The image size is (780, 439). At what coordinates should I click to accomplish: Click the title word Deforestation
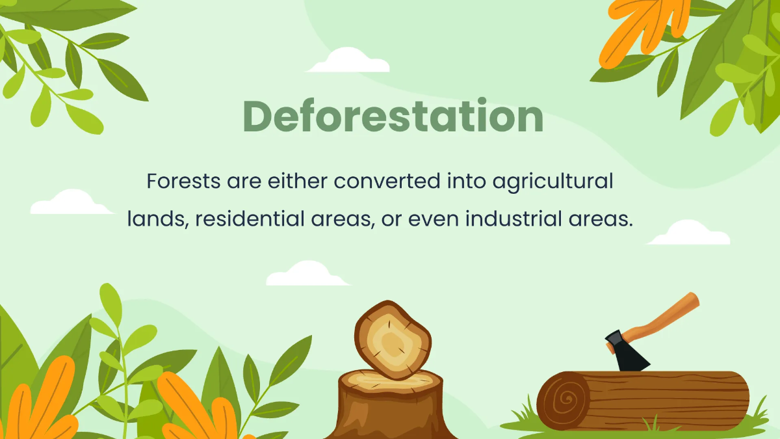coord(393,117)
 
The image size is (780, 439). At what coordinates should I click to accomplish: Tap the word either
coord(297,181)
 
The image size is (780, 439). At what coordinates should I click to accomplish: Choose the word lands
coord(157,219)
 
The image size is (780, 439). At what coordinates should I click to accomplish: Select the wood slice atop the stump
coord(392,339)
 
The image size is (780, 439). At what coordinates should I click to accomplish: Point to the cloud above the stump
coord(308,274)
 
